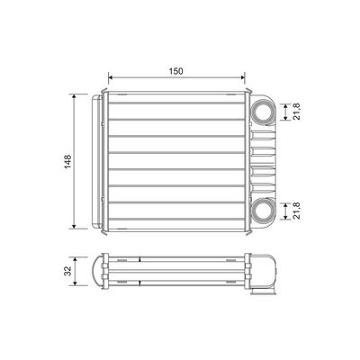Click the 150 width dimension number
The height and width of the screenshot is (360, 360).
tap(175, 71)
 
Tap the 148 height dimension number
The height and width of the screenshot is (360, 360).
tap(68, 161)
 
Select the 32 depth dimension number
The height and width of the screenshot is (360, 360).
tap(68, 271)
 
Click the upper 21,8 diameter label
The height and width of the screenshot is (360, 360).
tap(297, 112)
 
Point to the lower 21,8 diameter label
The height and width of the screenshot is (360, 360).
tap(297, 211)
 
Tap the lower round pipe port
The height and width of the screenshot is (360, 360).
tap(263, 211)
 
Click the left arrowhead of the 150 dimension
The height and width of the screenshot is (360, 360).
tap(110, 77)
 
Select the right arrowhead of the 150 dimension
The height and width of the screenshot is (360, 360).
tap(243, 77)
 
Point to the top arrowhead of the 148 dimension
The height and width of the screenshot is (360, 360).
tap(74, 96)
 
